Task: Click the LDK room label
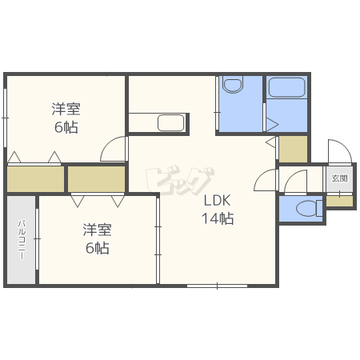(217, 200)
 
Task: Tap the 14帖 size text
(218, 218)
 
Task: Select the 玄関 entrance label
(339, 178)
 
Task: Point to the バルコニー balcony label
(22, 240)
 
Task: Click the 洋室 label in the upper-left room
(66, 109)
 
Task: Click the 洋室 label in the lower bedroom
(97, 230)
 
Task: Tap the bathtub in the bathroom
(286, 87)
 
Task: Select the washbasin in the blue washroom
(233, 85)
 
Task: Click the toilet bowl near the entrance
(310, 208)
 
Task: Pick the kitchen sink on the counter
(171, 122)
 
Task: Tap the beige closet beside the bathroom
(293, 149)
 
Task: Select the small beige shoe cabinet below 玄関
(339, 202)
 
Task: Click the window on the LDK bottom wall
(217, 286)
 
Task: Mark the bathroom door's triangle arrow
(272, 124)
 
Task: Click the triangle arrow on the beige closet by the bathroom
(270, 142)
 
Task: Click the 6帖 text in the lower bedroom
(97, 248)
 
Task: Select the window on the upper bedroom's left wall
(5, 118)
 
